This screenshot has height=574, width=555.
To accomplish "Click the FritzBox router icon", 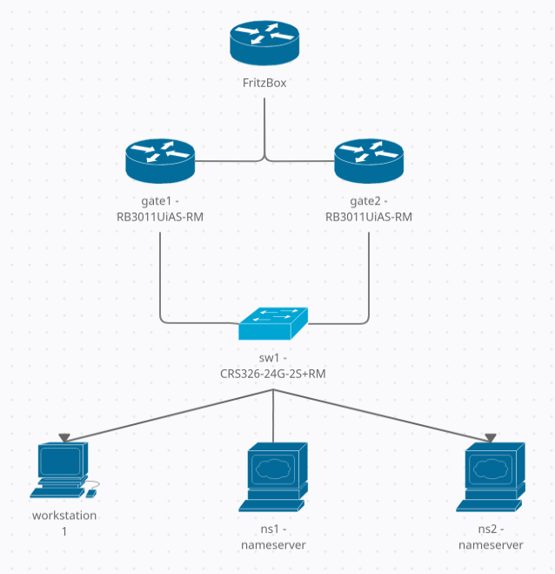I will pyautogui.click(x=264, y=44).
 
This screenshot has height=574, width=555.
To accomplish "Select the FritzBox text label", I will pyautogui.click(x=264, y=84).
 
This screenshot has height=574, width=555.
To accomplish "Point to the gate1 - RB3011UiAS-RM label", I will pyautogui.click(x=159, y=209).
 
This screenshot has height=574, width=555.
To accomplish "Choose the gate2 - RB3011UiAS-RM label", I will pyautogui.click(x=369, y=209).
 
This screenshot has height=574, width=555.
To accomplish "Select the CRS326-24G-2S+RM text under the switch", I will pyautogui.click(x=273, y=374).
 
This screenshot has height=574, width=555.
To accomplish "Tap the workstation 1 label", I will pyautogui.click(x=64, y=523).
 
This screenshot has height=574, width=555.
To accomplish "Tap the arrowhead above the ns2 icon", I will pyautogui.click(x=491, y=437).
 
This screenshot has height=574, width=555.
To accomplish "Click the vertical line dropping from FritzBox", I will pyautogui.click(x=264, y=126).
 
